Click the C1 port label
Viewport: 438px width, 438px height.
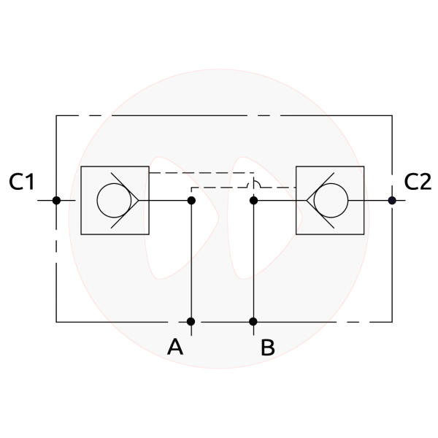click(x=21, y=182)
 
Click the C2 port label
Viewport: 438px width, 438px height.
click(x=418, y=182)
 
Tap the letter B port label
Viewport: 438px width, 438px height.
click(x=268, y=347)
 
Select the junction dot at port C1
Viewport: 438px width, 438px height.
click(x=56, y=200)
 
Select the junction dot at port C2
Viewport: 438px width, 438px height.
click(x=392, y=200)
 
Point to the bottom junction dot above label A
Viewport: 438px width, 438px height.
click(x=191, y=321)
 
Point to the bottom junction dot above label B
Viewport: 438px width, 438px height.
click(x=253, y=321)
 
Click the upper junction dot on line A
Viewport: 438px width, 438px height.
click(x=191, y=200)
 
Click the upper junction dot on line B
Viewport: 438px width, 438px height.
click(x=253, y=200)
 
